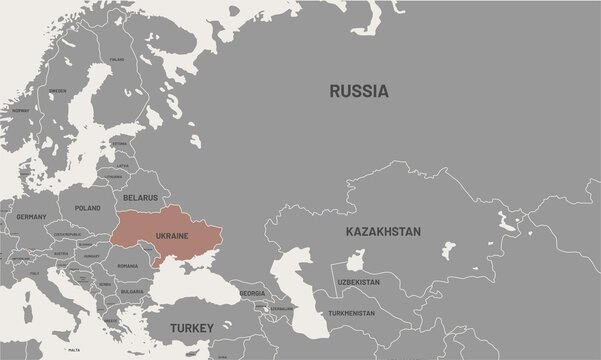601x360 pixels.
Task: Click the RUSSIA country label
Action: click(x=359, y=91)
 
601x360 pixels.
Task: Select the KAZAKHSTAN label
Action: click(x=382, y=231)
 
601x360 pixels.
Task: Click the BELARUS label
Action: click(x=140, y=198)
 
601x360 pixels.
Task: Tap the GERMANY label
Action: click(x=31, y=216)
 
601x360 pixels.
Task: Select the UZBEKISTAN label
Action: click(x=359, y=283)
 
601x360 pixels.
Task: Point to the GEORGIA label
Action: click(x=253, y=292)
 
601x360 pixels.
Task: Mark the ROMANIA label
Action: click(x=127, y=266)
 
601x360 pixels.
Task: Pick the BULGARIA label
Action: click(x=130, y=292)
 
